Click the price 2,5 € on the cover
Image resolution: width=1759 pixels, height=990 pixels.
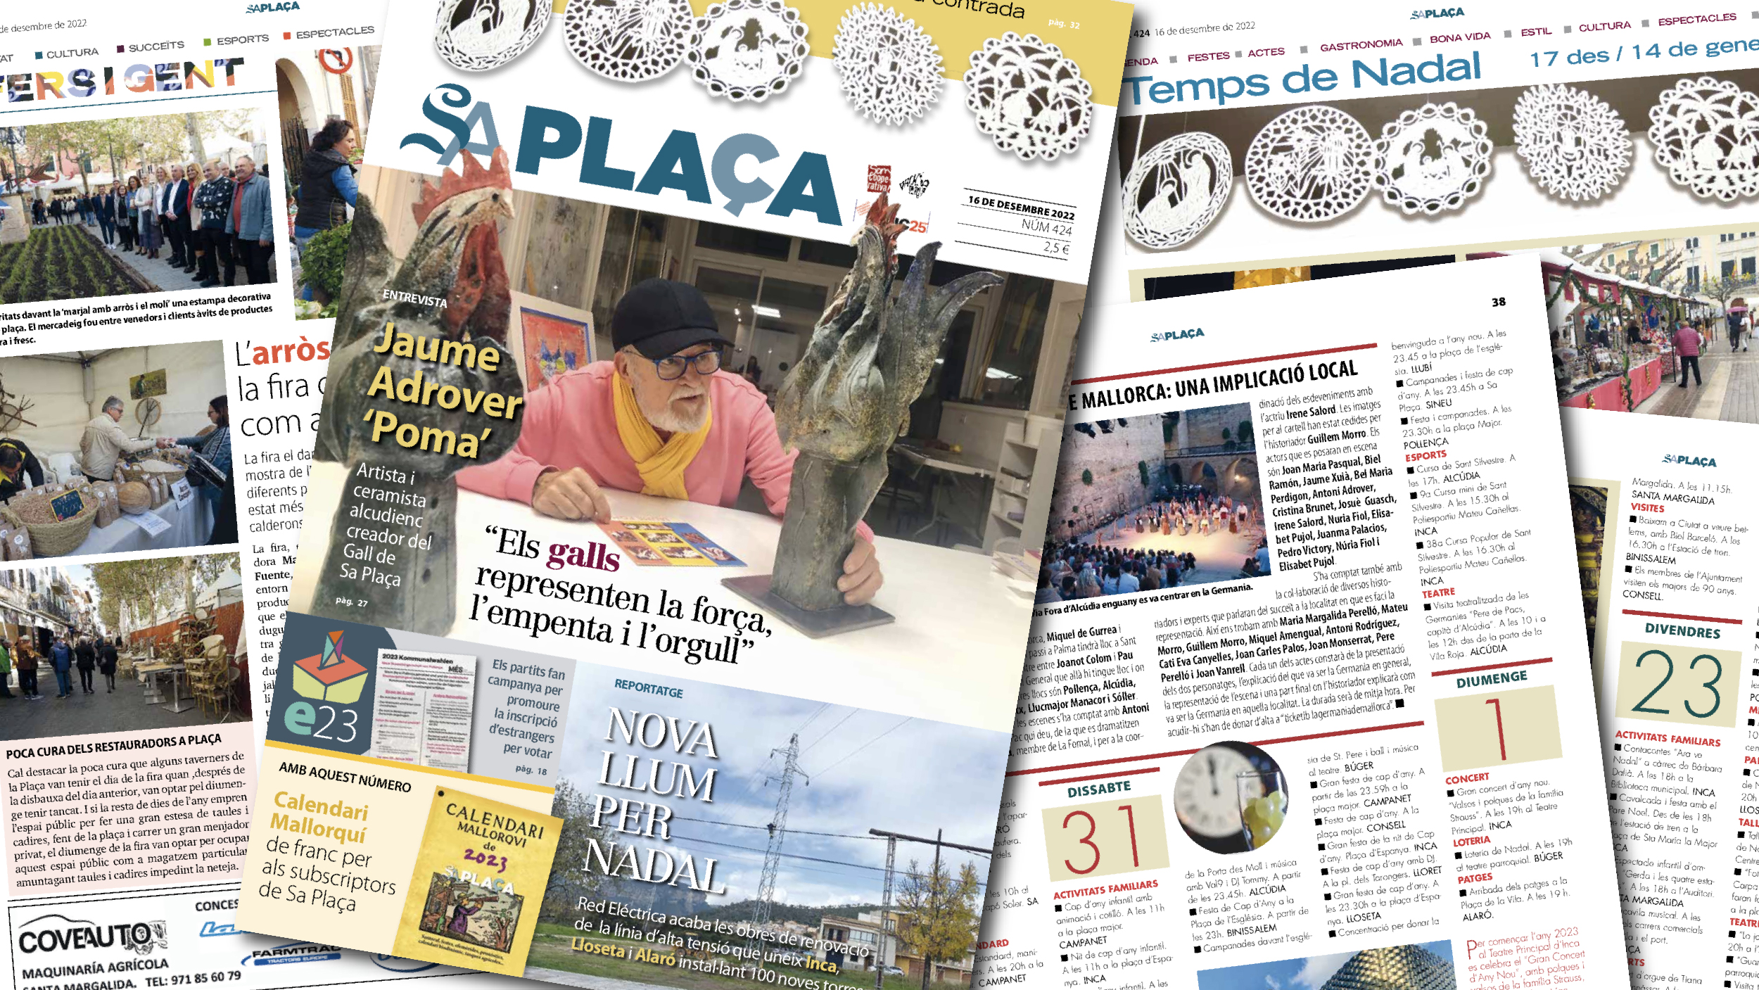point(1056,247)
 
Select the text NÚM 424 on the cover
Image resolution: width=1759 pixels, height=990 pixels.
point(1046,227)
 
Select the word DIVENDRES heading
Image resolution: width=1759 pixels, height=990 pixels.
point(1682,630)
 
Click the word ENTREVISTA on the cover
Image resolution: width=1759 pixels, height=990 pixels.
point(414,298)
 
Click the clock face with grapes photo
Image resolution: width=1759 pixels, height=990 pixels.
point(1232,796)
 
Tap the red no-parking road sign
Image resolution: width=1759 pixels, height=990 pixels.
point(336,61)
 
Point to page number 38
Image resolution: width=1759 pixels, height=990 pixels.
point(1498,302)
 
